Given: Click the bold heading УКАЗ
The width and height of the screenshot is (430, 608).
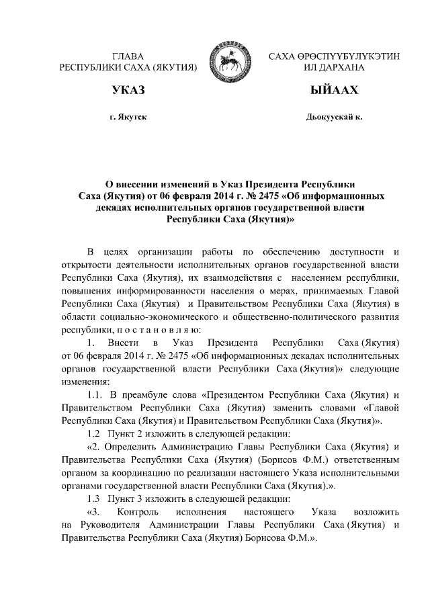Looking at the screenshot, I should [x=128, y=90].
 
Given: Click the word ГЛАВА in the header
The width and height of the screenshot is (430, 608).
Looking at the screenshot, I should [x=128, y=56].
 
